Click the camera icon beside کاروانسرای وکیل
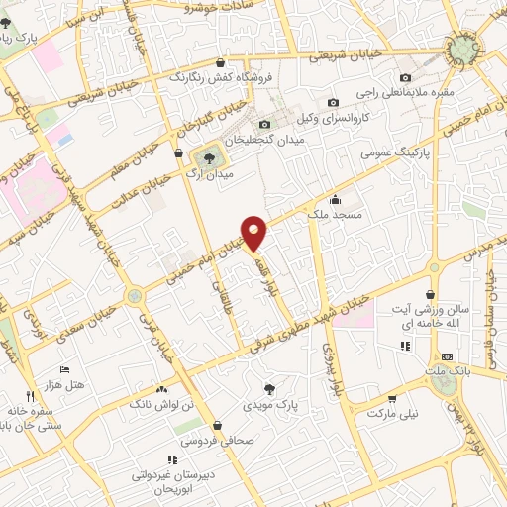pos(334,102)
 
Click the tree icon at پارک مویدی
pos(270,387)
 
